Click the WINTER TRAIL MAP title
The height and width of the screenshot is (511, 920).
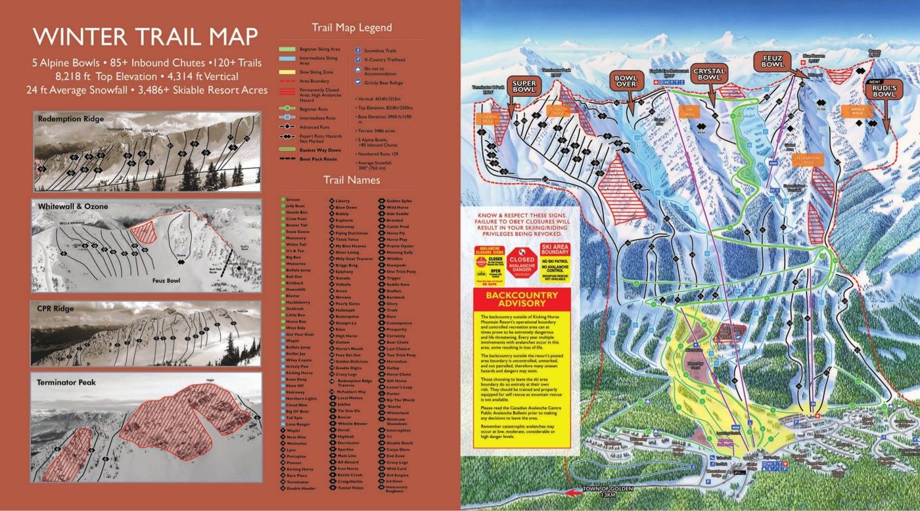coord(145,37)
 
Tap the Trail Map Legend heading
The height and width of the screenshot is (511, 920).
coord(351,28)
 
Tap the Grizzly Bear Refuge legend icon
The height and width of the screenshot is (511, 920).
coord(358,82)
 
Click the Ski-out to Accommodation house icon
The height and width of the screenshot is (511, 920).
coord(358,70)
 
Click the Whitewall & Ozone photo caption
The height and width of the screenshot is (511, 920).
coord(73,207)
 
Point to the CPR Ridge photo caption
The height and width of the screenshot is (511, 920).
coord(57,309)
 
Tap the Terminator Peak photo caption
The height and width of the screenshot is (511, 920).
coord(67,382)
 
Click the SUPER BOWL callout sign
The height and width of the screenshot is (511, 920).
coord(524,87)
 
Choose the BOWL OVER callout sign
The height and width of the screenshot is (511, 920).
coord(625,81)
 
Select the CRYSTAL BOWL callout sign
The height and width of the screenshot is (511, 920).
coord(709,74)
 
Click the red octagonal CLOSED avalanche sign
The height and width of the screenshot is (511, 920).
coord(522,259)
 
